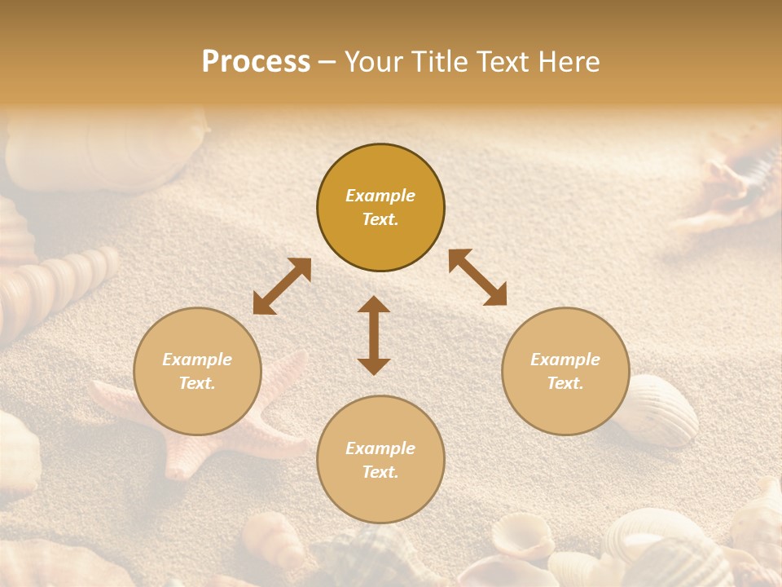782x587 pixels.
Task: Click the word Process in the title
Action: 256,62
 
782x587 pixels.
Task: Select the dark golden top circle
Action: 380,208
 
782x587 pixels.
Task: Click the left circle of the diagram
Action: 197,371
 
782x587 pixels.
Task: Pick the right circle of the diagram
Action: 565,371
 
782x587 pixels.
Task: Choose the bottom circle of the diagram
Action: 380,460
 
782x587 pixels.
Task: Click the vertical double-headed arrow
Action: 374,335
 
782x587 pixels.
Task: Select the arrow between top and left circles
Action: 282,286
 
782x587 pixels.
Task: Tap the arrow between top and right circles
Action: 477,277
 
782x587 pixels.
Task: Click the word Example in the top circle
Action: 380,196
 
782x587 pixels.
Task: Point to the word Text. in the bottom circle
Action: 380,472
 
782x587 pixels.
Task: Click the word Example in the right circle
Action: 565,360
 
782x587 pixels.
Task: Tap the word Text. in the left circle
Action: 197,383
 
